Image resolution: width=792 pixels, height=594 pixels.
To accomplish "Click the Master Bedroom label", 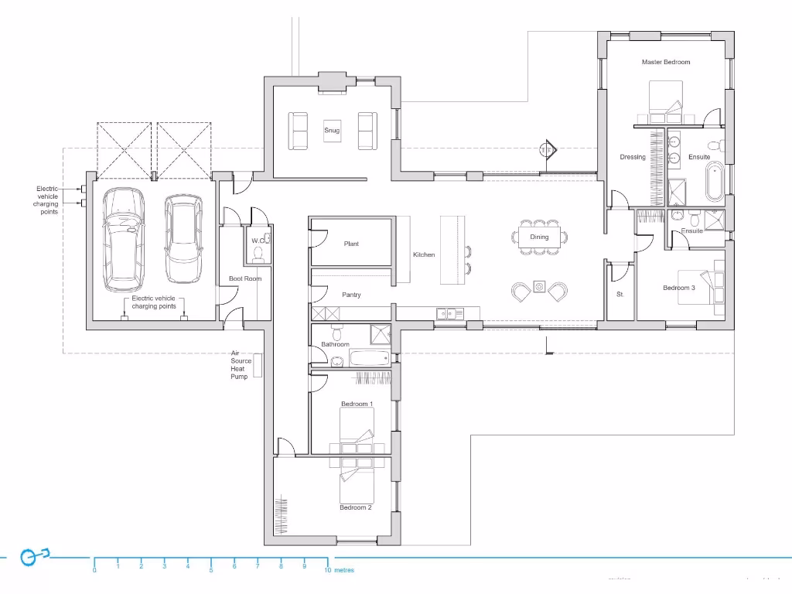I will (x=665, y=62).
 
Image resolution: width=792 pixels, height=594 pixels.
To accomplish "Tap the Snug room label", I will (x=332, y=131).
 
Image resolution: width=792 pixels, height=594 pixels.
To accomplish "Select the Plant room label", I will (x=351, y=244).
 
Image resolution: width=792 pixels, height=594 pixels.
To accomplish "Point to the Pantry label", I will (x=351, y=295).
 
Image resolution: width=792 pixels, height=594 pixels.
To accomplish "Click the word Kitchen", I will (x=424, y=254).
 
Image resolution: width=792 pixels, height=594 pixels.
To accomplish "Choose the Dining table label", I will (x=539, y=237).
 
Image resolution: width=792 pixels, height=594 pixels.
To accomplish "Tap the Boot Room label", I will (x=245, y=278).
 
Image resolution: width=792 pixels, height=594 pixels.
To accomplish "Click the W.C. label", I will (x=258, y=241).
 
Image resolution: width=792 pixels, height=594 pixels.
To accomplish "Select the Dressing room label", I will (x=633, y=157).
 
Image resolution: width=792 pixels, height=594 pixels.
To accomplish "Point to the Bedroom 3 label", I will (x=679, y=288).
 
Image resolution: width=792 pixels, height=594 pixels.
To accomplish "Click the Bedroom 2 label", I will (x=356, y=507).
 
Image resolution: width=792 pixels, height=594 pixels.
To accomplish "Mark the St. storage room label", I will (x=620, y=295).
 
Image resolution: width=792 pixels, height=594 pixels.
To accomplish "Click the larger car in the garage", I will (x=125, y=238).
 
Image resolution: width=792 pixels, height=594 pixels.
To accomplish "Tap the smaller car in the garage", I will (x=183, y=238).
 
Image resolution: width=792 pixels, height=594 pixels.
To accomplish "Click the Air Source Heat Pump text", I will (x=239, y=364).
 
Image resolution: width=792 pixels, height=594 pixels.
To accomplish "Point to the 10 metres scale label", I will (x=340, y=570).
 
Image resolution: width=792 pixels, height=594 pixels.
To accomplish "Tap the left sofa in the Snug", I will (x=299, y=131).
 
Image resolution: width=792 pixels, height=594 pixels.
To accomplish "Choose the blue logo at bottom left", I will (x=32, y=556).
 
